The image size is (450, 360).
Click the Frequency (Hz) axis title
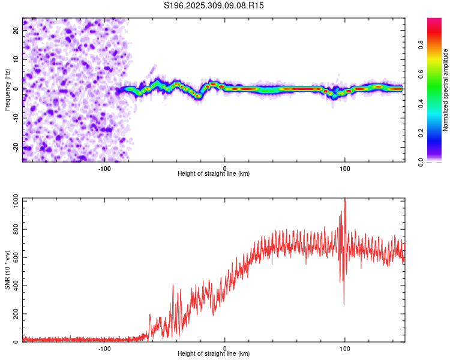point(7,89)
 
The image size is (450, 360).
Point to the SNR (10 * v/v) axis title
point(7,269)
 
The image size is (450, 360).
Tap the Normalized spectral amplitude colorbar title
point(446,90)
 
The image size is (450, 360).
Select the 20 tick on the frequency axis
point(16,31)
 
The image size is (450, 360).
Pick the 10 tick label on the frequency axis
point(16,60)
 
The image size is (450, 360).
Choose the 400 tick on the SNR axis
point(14,286)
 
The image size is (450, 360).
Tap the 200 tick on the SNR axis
point(14,314)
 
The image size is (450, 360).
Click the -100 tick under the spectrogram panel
point(104,168)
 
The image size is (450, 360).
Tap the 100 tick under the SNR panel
point(345,349)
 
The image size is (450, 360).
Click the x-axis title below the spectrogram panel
point(214,174)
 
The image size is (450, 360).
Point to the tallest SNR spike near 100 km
point(344,200)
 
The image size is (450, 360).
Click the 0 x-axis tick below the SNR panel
point(225,349)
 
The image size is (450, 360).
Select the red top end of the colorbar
point(434,20)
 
